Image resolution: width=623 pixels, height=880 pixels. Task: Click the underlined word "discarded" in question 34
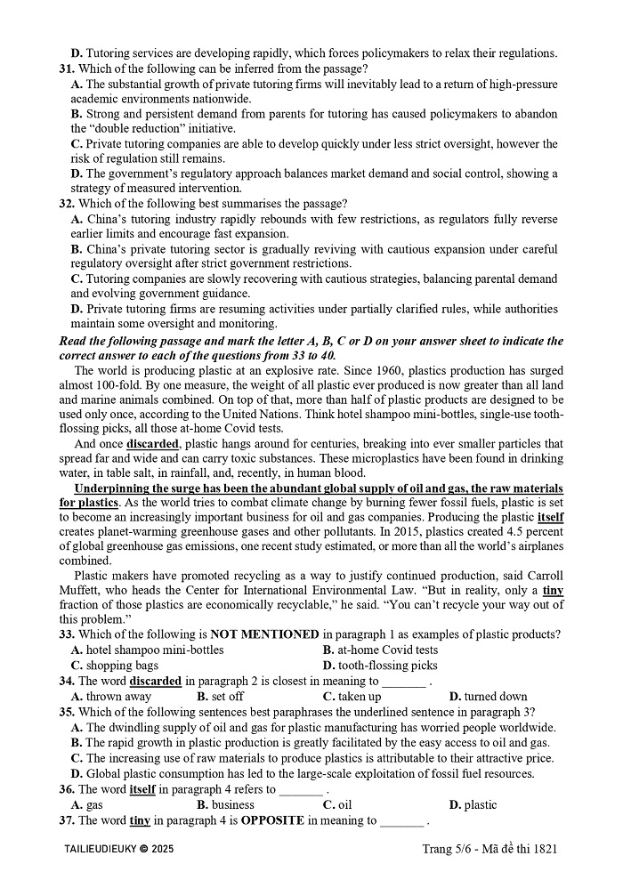click(156, 682)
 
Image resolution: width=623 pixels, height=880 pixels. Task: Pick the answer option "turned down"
click(494, 697)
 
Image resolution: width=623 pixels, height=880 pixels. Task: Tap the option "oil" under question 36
click(343, 805)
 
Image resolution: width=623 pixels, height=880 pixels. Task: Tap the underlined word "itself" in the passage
click(550, 516)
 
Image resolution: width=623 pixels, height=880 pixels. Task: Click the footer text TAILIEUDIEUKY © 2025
click(119, 850)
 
